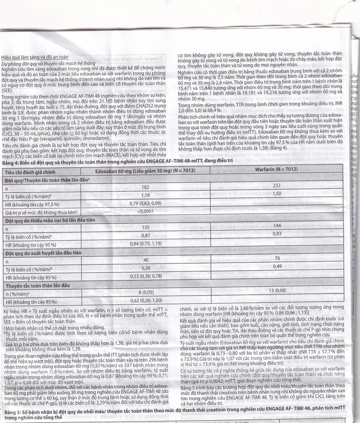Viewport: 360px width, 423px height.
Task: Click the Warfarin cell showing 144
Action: coord(277,225)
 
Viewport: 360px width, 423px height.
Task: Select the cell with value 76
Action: coord(277,258)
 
